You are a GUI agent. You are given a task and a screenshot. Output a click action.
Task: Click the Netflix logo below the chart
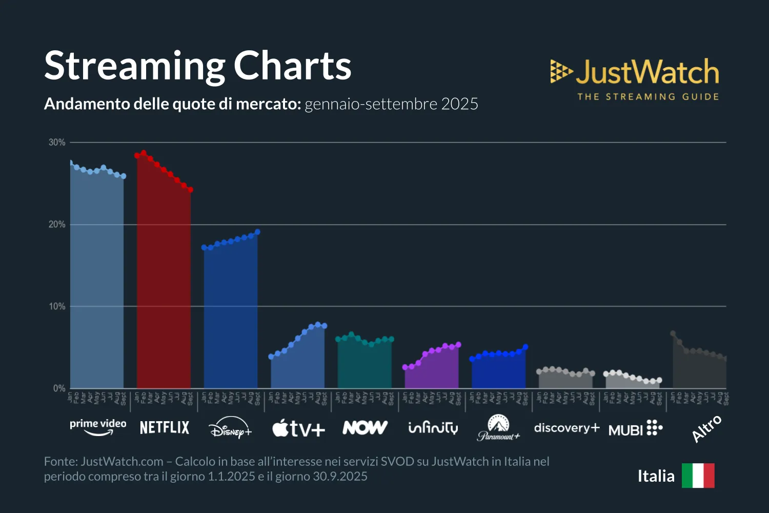coord(165,427)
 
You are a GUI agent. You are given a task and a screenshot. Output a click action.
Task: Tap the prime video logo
coord(98,427)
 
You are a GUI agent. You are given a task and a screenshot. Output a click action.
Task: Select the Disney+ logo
coord(231,427)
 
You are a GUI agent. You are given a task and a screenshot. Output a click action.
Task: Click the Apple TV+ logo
coord(298,428)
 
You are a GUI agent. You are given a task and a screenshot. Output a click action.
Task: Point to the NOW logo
coord(365,427)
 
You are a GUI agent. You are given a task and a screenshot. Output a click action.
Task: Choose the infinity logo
coord(433,427)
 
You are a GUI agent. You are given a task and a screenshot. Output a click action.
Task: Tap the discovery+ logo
coord(566,428)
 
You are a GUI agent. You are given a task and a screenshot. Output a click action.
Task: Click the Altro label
coord(706,428)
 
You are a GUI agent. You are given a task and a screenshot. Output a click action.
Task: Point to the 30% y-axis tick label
coord(57,142)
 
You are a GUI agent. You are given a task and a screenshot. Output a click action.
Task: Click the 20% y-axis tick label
coord(57,224)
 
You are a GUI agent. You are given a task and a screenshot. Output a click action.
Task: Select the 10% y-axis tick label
coord(57,306)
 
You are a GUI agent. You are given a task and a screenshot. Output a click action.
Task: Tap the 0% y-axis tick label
coord(59,388)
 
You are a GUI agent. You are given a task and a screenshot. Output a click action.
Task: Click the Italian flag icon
coord(698,476)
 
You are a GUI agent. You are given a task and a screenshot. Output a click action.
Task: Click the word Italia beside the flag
coord(656,476)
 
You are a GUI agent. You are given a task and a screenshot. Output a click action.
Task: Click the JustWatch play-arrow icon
coord(561,71)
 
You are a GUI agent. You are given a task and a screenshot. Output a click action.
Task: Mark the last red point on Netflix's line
coord(190,190)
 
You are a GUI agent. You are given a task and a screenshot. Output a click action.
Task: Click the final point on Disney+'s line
coord(257,232)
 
